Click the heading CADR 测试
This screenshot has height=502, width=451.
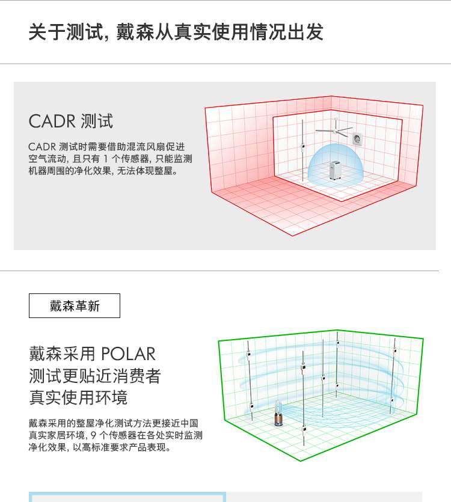pos(70,121)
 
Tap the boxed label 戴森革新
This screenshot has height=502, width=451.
pos(75,306)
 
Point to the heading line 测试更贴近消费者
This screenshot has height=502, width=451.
pos(95,376)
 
